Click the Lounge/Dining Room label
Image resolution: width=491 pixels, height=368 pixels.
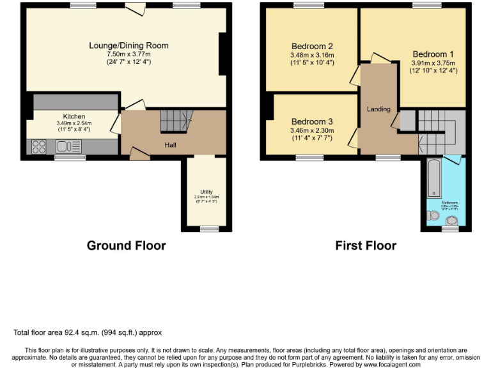(129, 45)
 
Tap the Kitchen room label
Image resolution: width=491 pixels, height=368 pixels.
(74, 116)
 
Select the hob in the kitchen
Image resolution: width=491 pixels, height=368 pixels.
(39, 147)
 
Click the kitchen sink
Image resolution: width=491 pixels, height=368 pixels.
(66, 147)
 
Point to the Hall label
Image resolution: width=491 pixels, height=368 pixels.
(171, 145)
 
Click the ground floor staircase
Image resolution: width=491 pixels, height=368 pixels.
(175, 119)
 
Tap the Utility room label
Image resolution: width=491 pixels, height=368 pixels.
(206, 191)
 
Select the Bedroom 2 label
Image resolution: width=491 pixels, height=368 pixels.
(312, 46)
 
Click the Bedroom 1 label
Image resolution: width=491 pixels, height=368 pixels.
(433, 54)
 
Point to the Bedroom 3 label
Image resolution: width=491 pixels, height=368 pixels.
(312, 121)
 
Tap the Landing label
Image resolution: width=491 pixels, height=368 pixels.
(378, 109)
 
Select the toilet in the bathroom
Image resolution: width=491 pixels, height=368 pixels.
(452, 221)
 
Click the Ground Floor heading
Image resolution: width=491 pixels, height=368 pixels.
(126, 246)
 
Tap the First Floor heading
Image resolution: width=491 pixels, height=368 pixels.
(366, 246)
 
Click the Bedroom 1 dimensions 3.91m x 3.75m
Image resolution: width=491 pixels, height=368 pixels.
(433, 63)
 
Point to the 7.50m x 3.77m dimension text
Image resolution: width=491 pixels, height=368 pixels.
(129, 54)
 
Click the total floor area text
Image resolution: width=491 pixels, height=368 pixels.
(88, 333)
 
